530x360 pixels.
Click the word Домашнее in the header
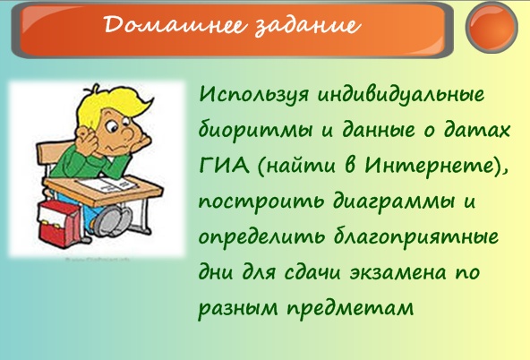[174, 25]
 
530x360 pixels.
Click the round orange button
[492, 28]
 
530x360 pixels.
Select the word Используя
[253, 94]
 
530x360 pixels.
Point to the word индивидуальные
[401, 95]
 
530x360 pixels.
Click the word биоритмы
[255, 131]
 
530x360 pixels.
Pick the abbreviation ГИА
[224, 166]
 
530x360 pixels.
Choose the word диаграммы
[394, 201]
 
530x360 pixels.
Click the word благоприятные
[416, 236]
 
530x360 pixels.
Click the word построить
[261, 201]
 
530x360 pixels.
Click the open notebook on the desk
[107, 184]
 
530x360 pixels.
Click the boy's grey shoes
[112, 220]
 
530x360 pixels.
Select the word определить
[261, 236]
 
